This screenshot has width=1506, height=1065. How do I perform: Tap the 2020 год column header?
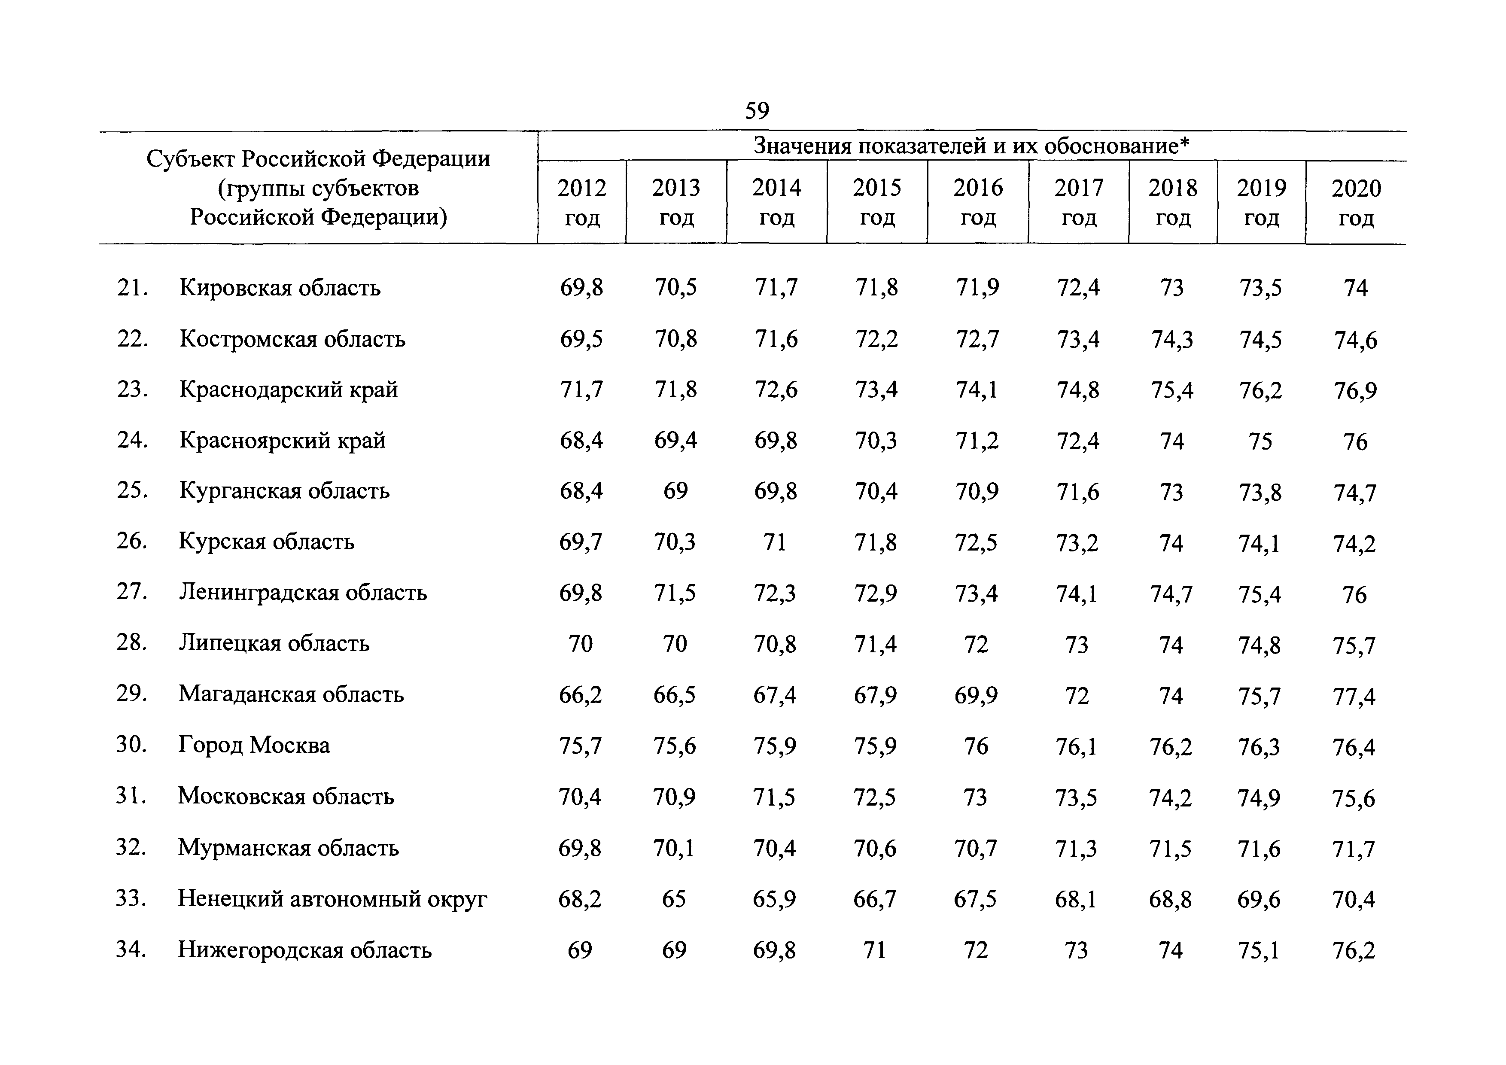1356,203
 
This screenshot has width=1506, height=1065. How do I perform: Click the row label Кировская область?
280,288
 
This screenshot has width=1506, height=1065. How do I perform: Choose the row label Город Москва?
254,745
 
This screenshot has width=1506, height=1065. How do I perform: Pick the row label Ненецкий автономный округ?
332,898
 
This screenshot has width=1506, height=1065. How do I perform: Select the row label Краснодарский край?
289,389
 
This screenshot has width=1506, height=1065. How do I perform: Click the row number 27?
131,592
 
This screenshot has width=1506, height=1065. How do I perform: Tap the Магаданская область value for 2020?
1354,696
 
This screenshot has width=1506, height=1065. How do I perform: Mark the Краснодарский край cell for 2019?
1260,391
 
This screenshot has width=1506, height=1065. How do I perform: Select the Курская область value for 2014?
775,542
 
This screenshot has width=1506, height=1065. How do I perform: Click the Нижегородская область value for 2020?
1354,950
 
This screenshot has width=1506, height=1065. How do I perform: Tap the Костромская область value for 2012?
581,339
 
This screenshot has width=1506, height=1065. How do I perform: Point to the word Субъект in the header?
190,159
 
